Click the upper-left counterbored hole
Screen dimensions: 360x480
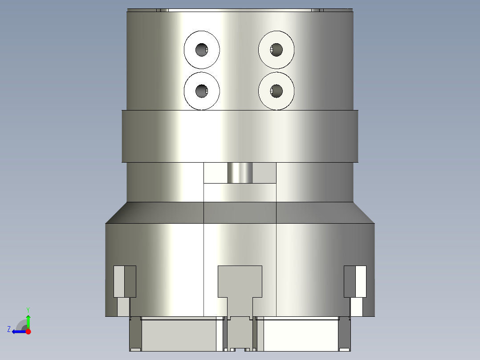pos(202,49)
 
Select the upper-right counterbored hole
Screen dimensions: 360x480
pos(277,49)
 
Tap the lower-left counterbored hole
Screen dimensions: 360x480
pos(202,91)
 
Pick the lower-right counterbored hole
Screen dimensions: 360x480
pos(277,91)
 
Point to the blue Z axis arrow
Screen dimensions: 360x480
pos(18,331)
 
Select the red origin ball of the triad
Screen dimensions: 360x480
pos(28,331)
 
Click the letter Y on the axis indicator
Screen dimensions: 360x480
pos(28,309)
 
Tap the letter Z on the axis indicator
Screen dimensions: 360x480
pos(9,329)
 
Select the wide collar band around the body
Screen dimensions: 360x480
pos(240,136)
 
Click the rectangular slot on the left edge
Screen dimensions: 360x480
pos(124,282)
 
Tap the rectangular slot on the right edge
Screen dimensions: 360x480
pos(355,282)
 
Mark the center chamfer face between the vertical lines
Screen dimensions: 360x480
pos(240,213)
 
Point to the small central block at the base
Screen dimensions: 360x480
pos(240,334)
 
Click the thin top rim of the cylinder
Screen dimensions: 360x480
pos(240,9)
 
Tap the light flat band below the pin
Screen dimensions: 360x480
pos(240,192)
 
